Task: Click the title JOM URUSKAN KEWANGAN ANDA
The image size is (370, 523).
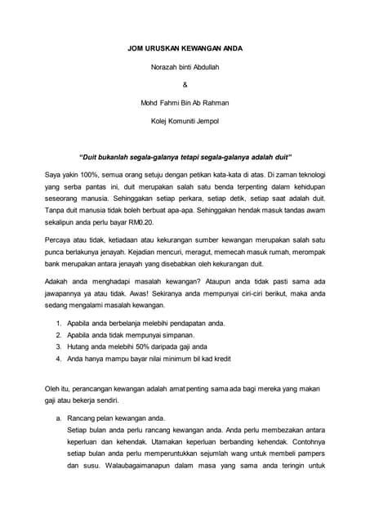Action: pos(185,49)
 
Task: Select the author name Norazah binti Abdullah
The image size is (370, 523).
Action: pos(185,66)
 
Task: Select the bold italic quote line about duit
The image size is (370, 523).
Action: pos(185,156)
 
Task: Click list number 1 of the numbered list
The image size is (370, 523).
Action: pos(59,324)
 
